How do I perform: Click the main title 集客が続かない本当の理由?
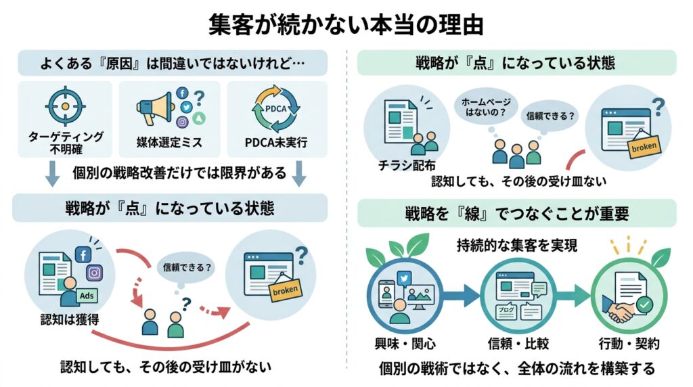click(346, 25)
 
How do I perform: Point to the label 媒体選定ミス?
click(169, 143)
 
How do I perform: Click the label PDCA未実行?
click(276, 143)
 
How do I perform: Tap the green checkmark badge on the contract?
click(645, 305)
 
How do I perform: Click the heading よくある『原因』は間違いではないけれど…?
click(173, 63)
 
